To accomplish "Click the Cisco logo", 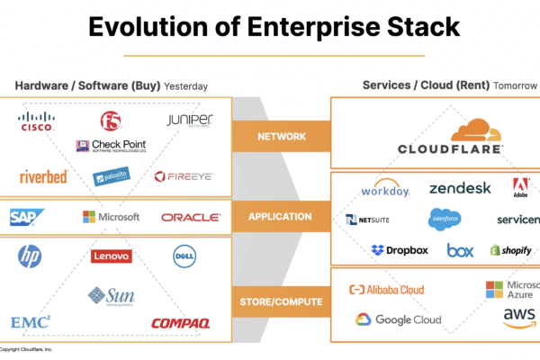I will pyautogui.click(x=36, y=121).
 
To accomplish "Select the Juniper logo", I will pyautogui.click(x=189, y=121).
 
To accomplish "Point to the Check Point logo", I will pyautogui.click(x=112, y=145).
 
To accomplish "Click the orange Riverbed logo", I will pyautogui.click(x=43, y=176).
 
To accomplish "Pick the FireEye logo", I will pyautogui.click(x=184, y=176).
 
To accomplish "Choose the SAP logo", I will pyautogui.click(x=28, y=217).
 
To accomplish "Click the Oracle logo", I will pyautogui.click(x=191, y=217).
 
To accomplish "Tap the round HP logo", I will pyautogui.click(x=30, y=256).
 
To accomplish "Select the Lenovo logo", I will pyautogui.click(x=112, y=256).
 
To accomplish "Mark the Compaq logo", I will pyautogui.click(x=180, y=322).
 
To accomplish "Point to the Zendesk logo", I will pyautogui.click(x=460, y=188).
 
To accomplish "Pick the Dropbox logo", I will pyautogui.click(x=400, y=250).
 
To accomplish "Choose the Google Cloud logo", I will pyautogui.click(x=398, y=319).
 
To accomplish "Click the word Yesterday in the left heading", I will pyautogui.click(x=186, y=86).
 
